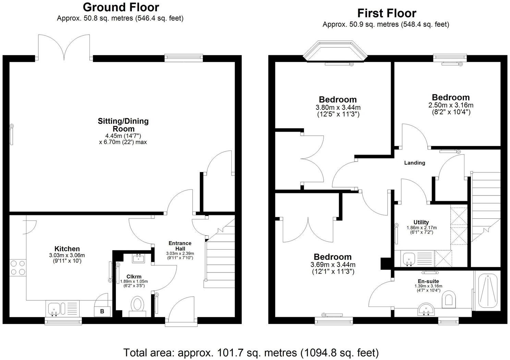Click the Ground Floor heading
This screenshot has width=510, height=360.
pos(121,7)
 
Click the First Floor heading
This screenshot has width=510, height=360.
pos(387,13)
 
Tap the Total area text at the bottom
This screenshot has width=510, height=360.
pos(251,352)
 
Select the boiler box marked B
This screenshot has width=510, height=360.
pos(102,311)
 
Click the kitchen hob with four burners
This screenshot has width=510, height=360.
pos(17,268)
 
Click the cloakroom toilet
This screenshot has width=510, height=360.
pos(138,305)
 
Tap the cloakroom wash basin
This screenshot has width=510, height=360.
pos(139,258)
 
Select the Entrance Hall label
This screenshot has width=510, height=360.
pos(180,246)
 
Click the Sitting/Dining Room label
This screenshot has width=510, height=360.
pos(123,125)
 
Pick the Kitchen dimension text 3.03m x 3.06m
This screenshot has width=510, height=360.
pos(67,255)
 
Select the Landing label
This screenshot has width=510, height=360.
pos(414,163)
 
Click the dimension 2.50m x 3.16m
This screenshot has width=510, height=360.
pos(451,105)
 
